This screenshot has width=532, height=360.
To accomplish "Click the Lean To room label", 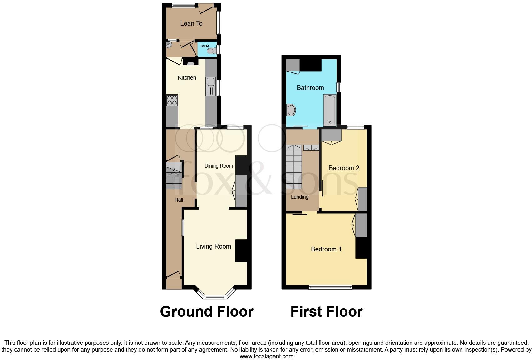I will click(191, 23).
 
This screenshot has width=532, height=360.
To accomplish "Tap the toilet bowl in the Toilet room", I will click(211, 51).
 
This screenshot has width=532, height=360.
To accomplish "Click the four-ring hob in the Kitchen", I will click(172, 100).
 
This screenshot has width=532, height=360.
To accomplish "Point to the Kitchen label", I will click(187, 78).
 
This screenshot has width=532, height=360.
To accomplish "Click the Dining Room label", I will click(219, 166).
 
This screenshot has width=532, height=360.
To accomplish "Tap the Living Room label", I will click(213, 246).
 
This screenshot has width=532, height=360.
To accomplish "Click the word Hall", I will click(179, 200).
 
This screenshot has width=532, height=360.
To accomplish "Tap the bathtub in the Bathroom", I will click(330, 110).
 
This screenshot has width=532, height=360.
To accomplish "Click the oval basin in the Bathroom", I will click(291, 110).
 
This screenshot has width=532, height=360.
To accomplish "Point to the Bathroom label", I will click(310, 88).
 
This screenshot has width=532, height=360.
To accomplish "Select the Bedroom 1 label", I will click(326, 249).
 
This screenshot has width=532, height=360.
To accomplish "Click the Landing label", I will click(299, 197).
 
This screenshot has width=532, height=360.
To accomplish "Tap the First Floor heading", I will click(326, 312).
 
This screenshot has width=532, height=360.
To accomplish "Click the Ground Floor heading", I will click(206, 312).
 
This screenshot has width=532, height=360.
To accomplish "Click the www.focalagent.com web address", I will click(266, 356).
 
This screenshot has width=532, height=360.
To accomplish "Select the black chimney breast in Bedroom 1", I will click(361, 248).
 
